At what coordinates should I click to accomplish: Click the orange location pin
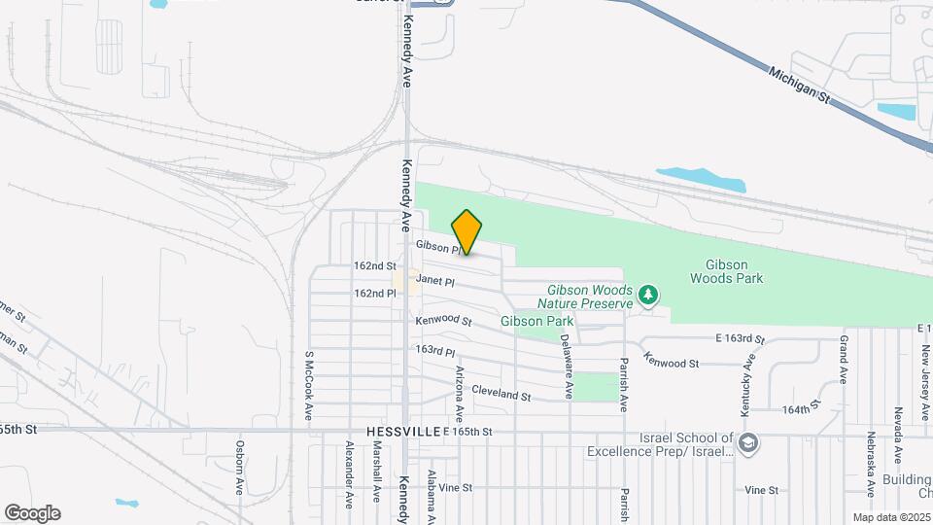coord(467,231)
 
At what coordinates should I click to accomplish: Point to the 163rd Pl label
coord(435,350)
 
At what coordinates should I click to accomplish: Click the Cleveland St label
coord(501,396)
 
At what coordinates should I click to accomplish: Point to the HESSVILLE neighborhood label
coord(402,431)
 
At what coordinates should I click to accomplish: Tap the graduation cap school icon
coord(748,444)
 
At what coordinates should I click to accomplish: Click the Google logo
coord(32,512)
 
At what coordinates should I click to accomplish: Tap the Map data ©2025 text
coord(891,517)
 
